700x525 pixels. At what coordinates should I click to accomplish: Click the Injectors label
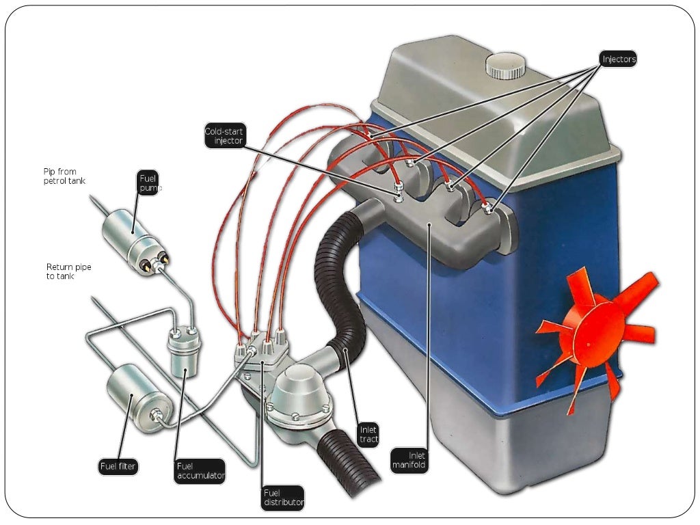618,59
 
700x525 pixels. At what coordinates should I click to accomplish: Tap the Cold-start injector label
224,136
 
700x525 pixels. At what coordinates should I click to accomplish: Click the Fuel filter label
118,468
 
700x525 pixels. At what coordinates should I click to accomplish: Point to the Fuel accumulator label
199,471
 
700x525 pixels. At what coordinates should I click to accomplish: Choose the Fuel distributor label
282,497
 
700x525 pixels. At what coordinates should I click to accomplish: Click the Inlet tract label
368,434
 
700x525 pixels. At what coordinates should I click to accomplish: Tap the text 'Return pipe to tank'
68,271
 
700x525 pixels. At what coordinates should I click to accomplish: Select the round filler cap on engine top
506,67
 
